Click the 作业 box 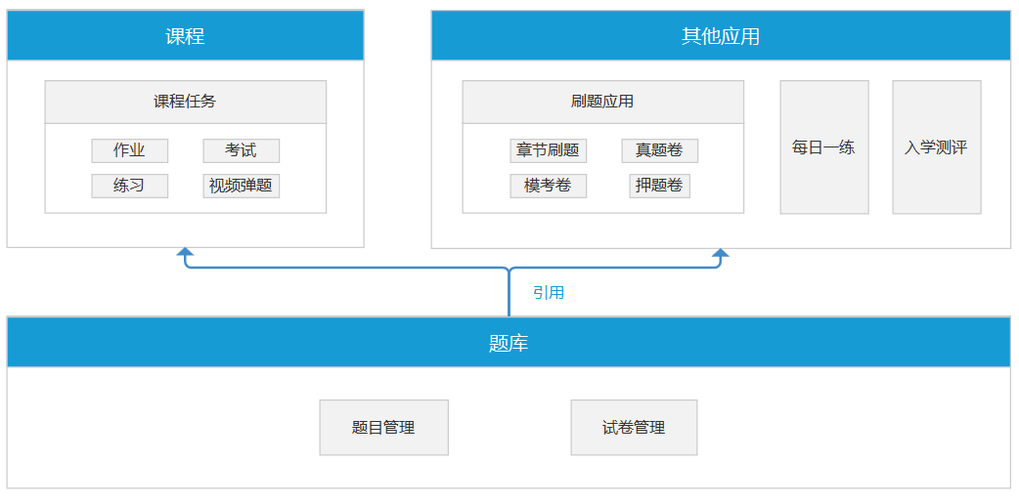point(129,150)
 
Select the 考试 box point(242,150)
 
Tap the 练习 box point(129,186)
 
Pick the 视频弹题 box point(242,186)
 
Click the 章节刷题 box point(548,150)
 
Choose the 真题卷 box point(660,150)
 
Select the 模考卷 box point(548,186)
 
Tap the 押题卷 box point(660,186)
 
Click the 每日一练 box point(824,147)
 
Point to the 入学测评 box point(937,147)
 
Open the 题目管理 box point(384,427)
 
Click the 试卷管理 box point(635,427)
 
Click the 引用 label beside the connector point(549,293)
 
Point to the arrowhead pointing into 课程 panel point(186,252)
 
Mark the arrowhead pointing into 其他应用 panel point(721,252)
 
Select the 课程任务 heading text point(185,102)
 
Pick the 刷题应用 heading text point(602,102)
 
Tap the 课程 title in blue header point(185,36)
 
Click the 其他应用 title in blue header point(721,36)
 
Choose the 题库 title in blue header point(509,343)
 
